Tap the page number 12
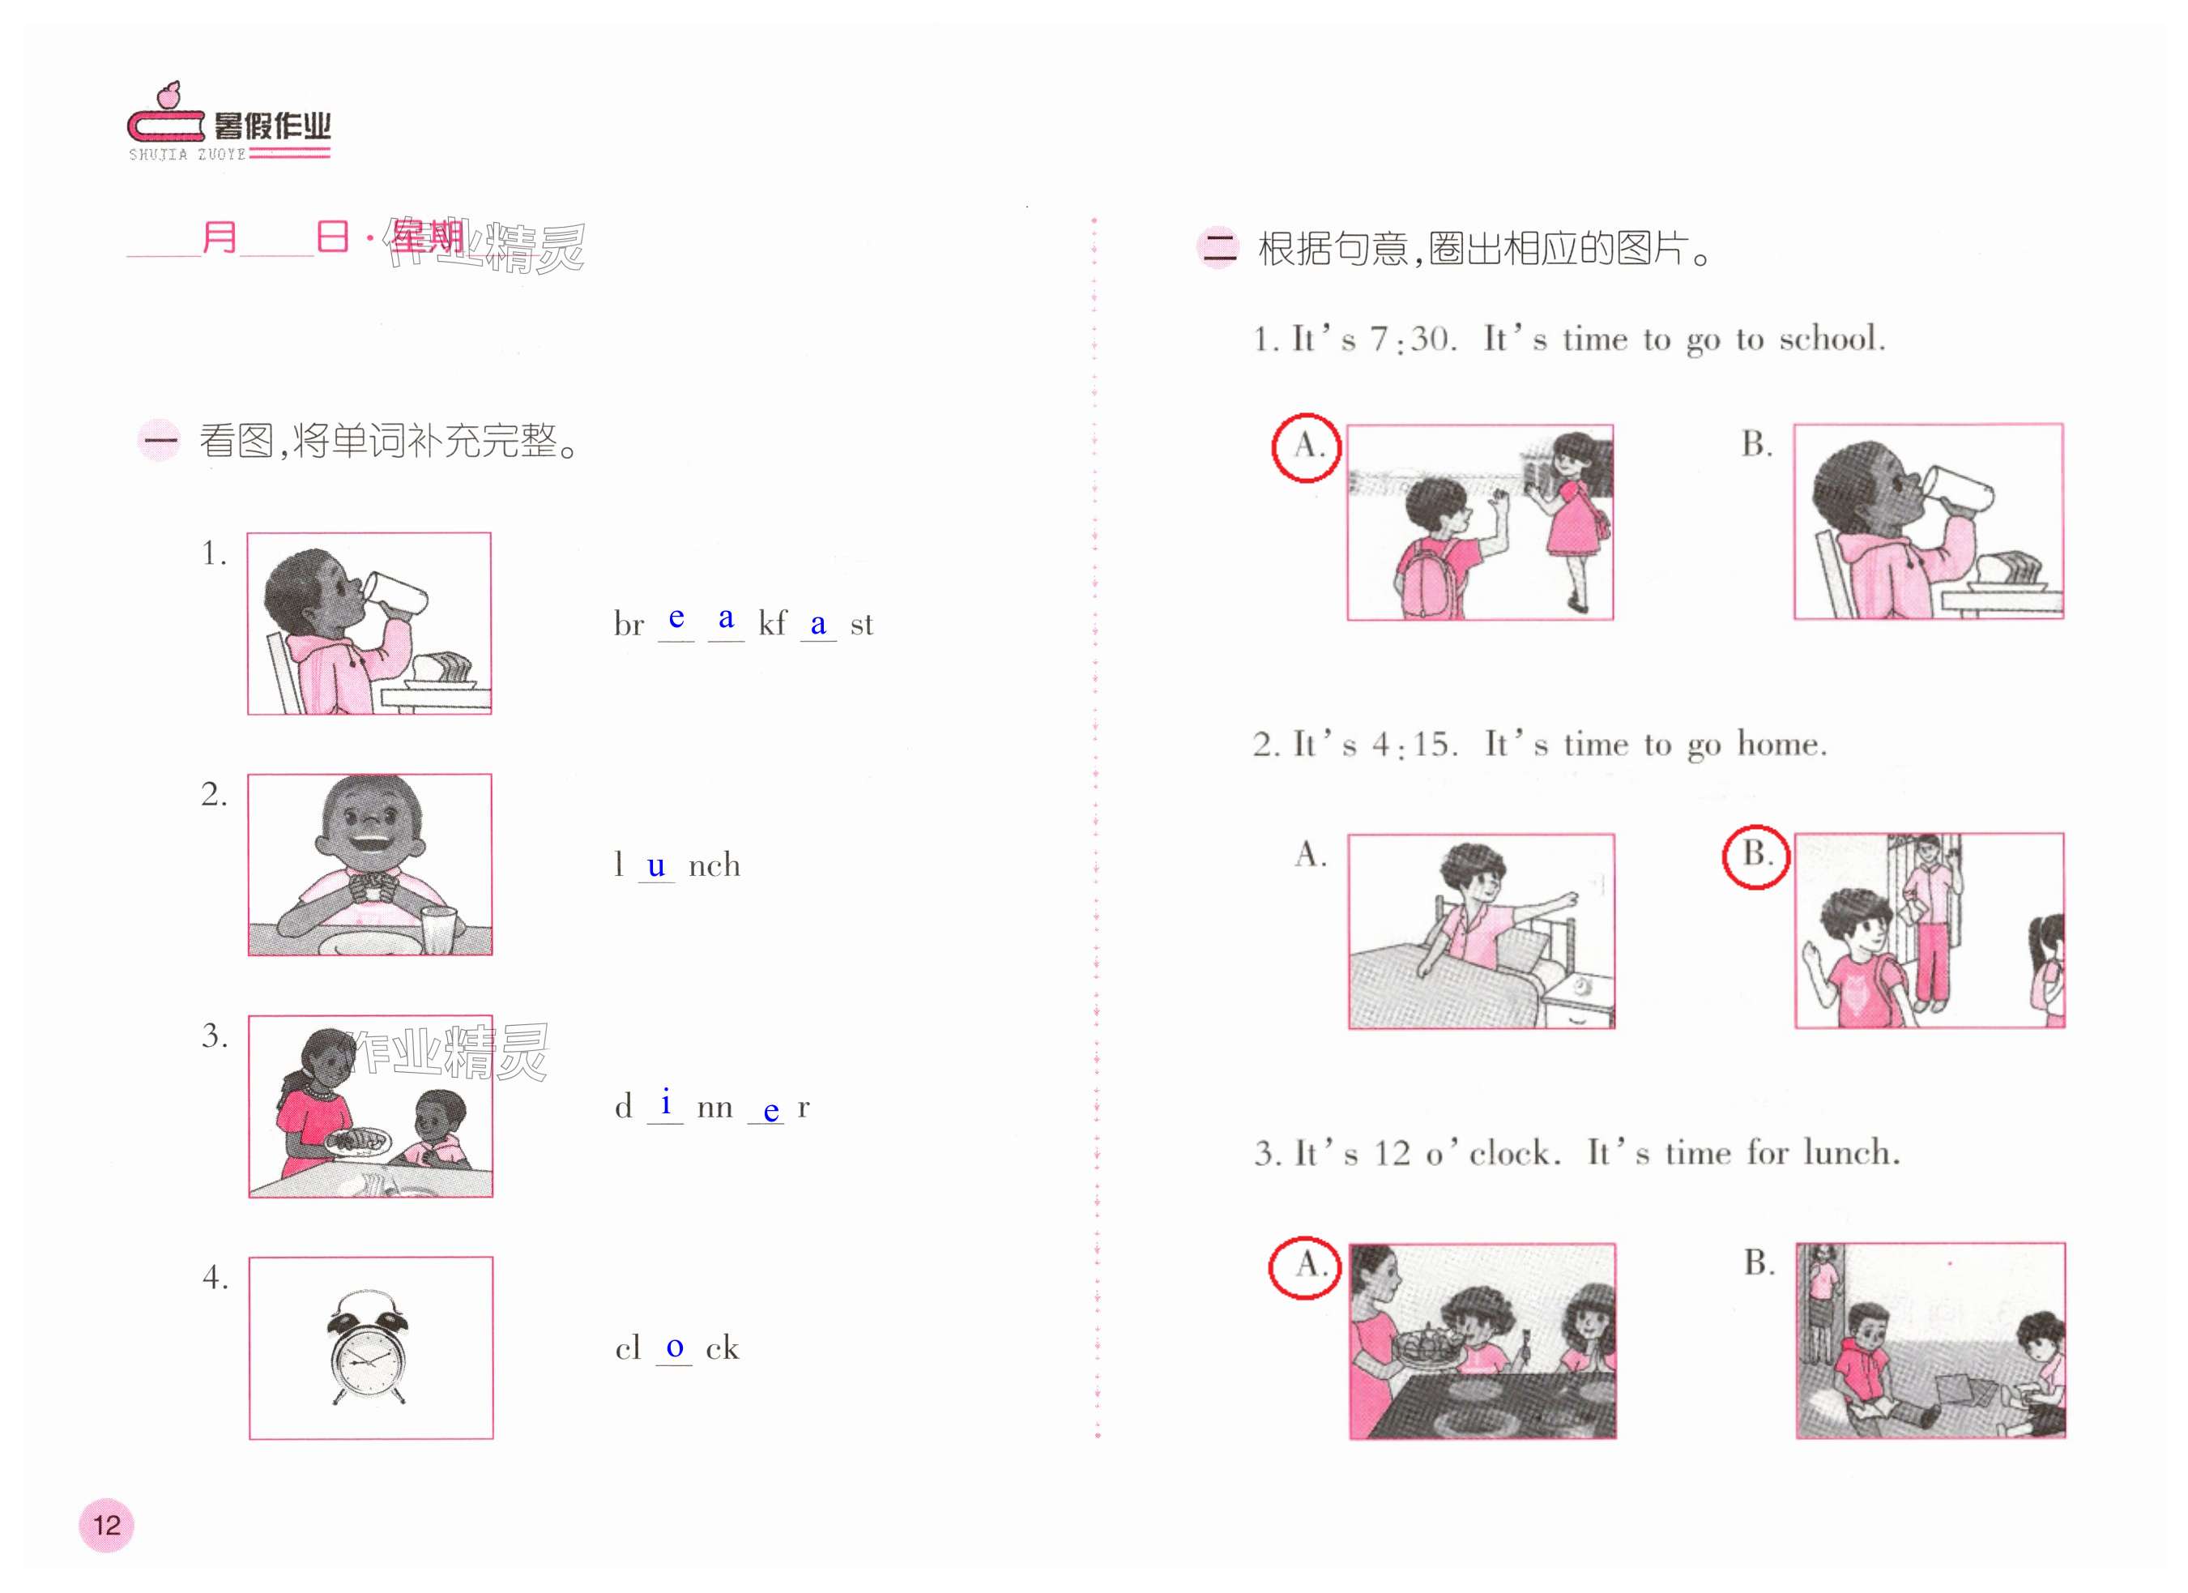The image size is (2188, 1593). point(106,1526)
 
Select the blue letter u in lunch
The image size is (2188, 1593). point(656,865)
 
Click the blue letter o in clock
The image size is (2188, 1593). point(674,1347)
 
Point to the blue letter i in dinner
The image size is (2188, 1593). point(666,1101)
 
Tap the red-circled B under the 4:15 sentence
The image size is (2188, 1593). point(1755,856)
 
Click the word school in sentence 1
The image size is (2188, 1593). point(1831,339)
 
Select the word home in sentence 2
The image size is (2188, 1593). point(1781,744)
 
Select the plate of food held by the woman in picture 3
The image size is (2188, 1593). point(358,1142)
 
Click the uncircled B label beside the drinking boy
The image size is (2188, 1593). point(1755,444)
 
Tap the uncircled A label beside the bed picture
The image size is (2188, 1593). point(1310,854)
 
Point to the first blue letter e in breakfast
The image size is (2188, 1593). point(676,617)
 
